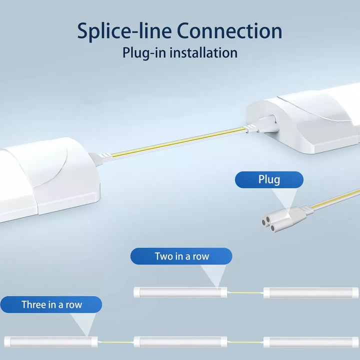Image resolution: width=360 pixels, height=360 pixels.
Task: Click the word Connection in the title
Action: [x=229, y=31]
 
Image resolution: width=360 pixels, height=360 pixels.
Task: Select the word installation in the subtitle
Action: [x=203, y=52]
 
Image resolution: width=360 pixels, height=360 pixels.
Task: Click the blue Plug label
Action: [x=269, y=180]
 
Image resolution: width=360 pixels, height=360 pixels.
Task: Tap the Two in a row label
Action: [x=181, y=256]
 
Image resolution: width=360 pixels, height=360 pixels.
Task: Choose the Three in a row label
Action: [x=51, y=304]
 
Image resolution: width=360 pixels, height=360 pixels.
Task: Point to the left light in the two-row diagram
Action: [x=180, y=292]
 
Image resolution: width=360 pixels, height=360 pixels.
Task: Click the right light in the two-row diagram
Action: [x=311, y=292]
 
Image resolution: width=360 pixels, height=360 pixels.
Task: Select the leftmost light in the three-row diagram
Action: [x=51, y=342]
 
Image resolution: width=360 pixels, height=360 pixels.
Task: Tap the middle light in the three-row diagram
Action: [x=180, y=342]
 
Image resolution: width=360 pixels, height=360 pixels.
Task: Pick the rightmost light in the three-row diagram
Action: [x=311, y=342]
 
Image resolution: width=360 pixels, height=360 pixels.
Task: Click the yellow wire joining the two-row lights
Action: [x=245, y=292]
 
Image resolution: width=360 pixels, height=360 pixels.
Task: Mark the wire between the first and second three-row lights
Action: [x=115, y=342]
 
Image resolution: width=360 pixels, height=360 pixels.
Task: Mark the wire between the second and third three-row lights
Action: [x=245, y=342]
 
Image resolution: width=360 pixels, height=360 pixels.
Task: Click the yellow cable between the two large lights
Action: [x=177, y=142]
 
